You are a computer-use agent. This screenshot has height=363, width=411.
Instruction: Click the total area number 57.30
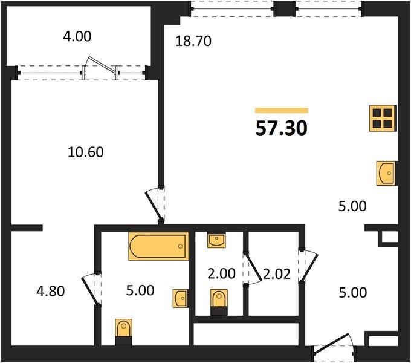click(281, 128)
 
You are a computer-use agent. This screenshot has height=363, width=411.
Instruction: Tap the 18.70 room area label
click(193, 41)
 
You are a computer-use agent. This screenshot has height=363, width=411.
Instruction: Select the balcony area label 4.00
click(77, 36)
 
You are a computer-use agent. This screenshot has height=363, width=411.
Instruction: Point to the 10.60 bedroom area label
click(86, 152)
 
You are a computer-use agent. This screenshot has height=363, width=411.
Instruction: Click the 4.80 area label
click(51, 292)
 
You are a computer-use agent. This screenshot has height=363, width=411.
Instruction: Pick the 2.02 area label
click(277, 274)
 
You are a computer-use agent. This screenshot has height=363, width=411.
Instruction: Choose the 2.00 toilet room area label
click(221, 274)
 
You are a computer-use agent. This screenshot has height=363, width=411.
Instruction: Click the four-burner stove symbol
click(383, 118)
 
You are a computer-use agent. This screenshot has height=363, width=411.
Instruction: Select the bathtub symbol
click(158, 246)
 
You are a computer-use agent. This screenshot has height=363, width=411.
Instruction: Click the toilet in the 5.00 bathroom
click(124, 332)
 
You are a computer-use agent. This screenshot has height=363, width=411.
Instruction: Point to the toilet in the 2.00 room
click(219, 302)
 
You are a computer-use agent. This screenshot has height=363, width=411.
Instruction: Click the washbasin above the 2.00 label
click(216, 240)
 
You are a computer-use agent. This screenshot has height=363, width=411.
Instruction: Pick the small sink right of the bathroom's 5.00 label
click(180, 298)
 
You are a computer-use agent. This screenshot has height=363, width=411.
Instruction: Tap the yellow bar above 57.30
click(282, 111)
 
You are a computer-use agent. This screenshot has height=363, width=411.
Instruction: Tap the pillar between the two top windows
click(285, 8)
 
